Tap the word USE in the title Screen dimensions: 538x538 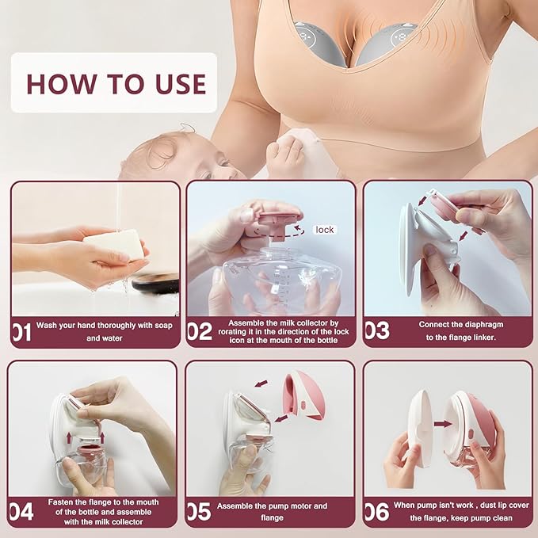(181, 84)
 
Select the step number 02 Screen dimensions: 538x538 (200, 331)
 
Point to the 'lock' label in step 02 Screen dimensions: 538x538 (325, 230)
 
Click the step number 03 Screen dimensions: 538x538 (377, 330)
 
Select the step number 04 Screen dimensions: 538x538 (21, 512)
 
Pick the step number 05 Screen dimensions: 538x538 (199, 512)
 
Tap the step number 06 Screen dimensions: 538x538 (377, 513)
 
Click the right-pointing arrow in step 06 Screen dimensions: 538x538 (443, 424)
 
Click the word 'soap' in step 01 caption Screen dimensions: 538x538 (163, 326)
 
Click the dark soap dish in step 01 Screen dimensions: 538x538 (156, 283)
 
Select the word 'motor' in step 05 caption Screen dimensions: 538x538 (300, 506)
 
